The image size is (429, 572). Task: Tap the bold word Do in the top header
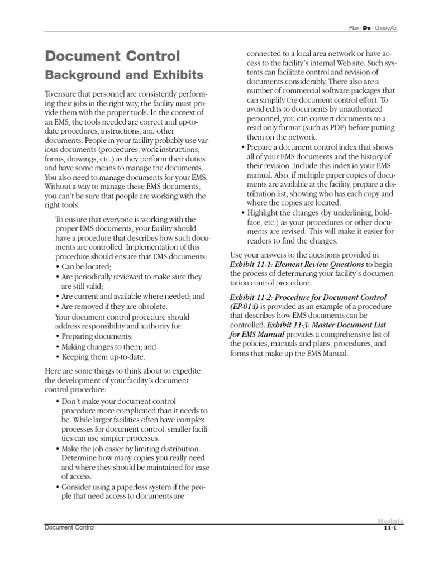click(x=367, y=27)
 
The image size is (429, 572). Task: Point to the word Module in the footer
click(x=390, y=521)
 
